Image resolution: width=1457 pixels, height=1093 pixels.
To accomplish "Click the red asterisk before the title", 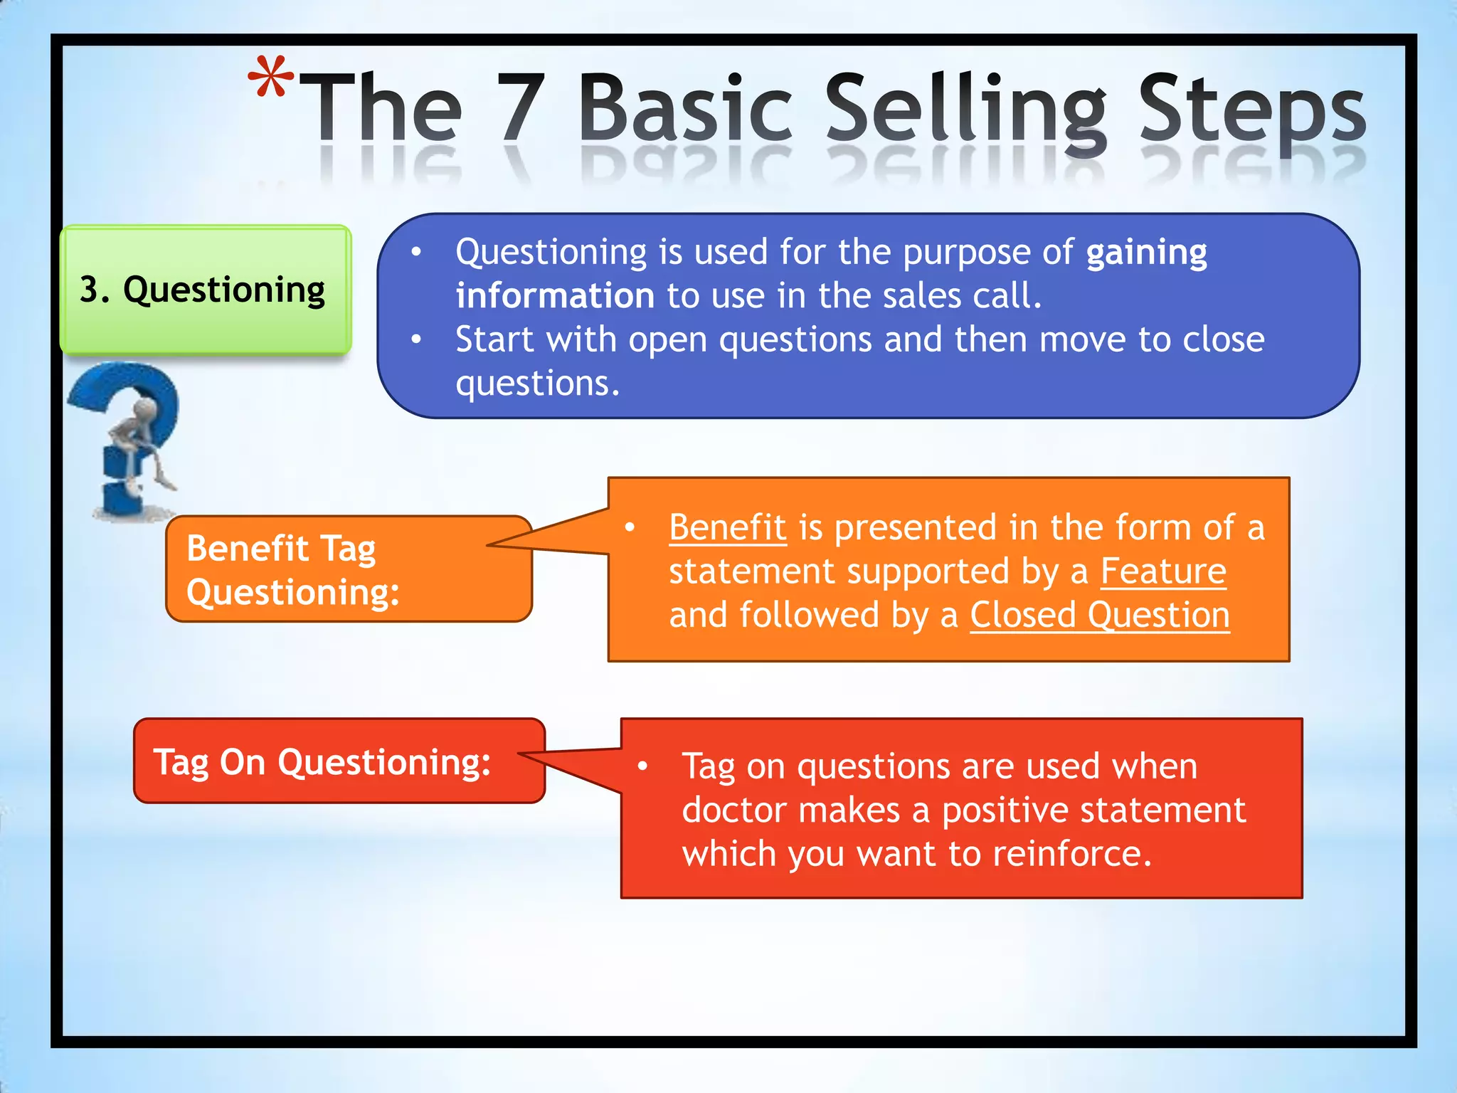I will [x=271, y=76].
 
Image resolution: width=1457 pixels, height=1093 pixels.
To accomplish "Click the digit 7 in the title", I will [x=521, y=108].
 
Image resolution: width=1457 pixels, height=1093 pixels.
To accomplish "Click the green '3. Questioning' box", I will [x=205, y=290].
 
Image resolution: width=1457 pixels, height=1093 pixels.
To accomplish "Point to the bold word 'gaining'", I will [x=1146, y=253].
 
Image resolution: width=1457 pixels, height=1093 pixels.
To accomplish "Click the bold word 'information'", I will [x=555, y=296].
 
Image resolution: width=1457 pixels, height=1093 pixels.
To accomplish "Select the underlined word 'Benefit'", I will [x=727, y=528].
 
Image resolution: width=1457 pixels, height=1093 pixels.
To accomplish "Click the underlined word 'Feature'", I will [x=1163, y=571].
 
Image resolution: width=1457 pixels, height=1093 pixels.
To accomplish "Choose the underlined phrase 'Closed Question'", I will [x=1099, y=615].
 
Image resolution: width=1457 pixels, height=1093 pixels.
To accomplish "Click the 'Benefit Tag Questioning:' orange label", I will [x=348, y=569].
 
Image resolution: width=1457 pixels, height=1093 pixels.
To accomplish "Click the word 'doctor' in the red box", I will [x=733, y=810].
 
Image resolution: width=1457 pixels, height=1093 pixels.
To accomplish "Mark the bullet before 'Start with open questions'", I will [x=417, y=339].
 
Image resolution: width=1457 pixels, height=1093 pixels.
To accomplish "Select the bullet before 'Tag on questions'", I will [x=643, y=766].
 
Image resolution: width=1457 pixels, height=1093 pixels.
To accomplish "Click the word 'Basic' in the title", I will [x=685, y=108].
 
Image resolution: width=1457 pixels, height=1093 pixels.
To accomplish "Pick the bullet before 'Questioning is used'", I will [x=417, y=252].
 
